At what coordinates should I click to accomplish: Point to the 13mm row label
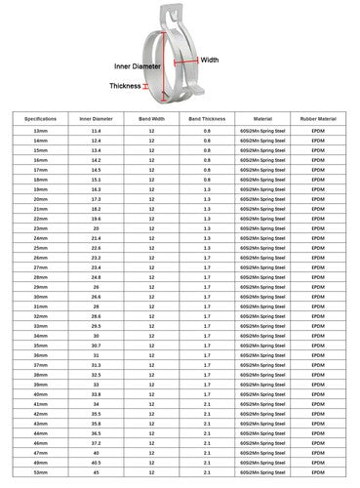39,131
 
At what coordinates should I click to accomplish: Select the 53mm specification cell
39,471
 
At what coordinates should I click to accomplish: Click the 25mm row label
39,248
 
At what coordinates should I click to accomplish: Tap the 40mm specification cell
39,393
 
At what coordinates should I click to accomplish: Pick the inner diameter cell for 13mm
96,131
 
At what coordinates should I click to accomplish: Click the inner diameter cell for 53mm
96,471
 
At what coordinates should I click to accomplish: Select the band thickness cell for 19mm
207,189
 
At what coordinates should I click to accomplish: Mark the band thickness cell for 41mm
207,403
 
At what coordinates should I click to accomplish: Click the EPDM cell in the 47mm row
317,452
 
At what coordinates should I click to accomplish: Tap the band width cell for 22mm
152,219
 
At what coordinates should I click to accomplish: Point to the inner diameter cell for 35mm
96,345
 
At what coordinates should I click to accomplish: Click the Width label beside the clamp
210,61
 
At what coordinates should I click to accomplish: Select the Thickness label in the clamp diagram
125,86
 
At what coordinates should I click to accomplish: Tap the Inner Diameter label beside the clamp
139,66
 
